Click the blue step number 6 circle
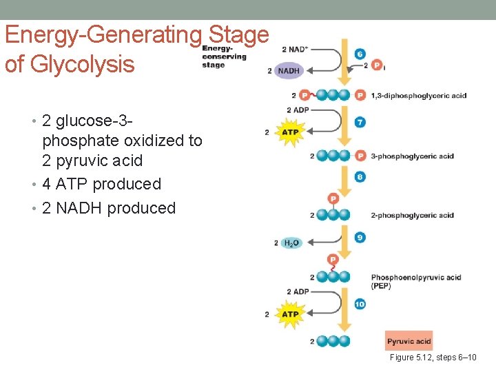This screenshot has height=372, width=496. (360, 54)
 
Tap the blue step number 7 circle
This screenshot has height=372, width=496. (360, 122)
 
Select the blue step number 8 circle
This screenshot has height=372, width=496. (360, 177)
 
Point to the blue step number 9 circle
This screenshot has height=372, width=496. (360, 238)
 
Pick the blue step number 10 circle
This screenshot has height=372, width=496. (360, 304)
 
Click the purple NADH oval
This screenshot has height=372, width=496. (289, 71)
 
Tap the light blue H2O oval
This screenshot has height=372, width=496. (291, 243)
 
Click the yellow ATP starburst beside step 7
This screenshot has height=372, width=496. (290, 132)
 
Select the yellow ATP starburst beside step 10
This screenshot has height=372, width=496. (290, 314)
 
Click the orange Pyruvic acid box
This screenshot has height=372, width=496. (409, 341)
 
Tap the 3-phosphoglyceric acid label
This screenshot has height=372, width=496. (412, 156)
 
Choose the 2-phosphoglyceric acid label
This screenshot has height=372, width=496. (412, 216)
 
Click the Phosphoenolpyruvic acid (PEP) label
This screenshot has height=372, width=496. (415, 281)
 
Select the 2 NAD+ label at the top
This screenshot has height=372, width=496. (295, 50)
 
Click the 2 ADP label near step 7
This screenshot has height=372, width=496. (297, 110)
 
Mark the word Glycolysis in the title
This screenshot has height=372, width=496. (70, 64)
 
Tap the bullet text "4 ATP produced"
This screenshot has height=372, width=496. (101, 184)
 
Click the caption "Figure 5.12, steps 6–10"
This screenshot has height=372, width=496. (433, 358)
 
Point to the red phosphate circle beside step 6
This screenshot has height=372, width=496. (377, 65)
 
